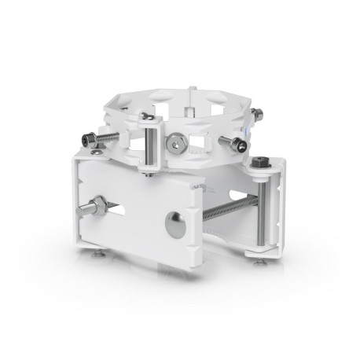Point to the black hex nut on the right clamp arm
click(259, 163)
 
